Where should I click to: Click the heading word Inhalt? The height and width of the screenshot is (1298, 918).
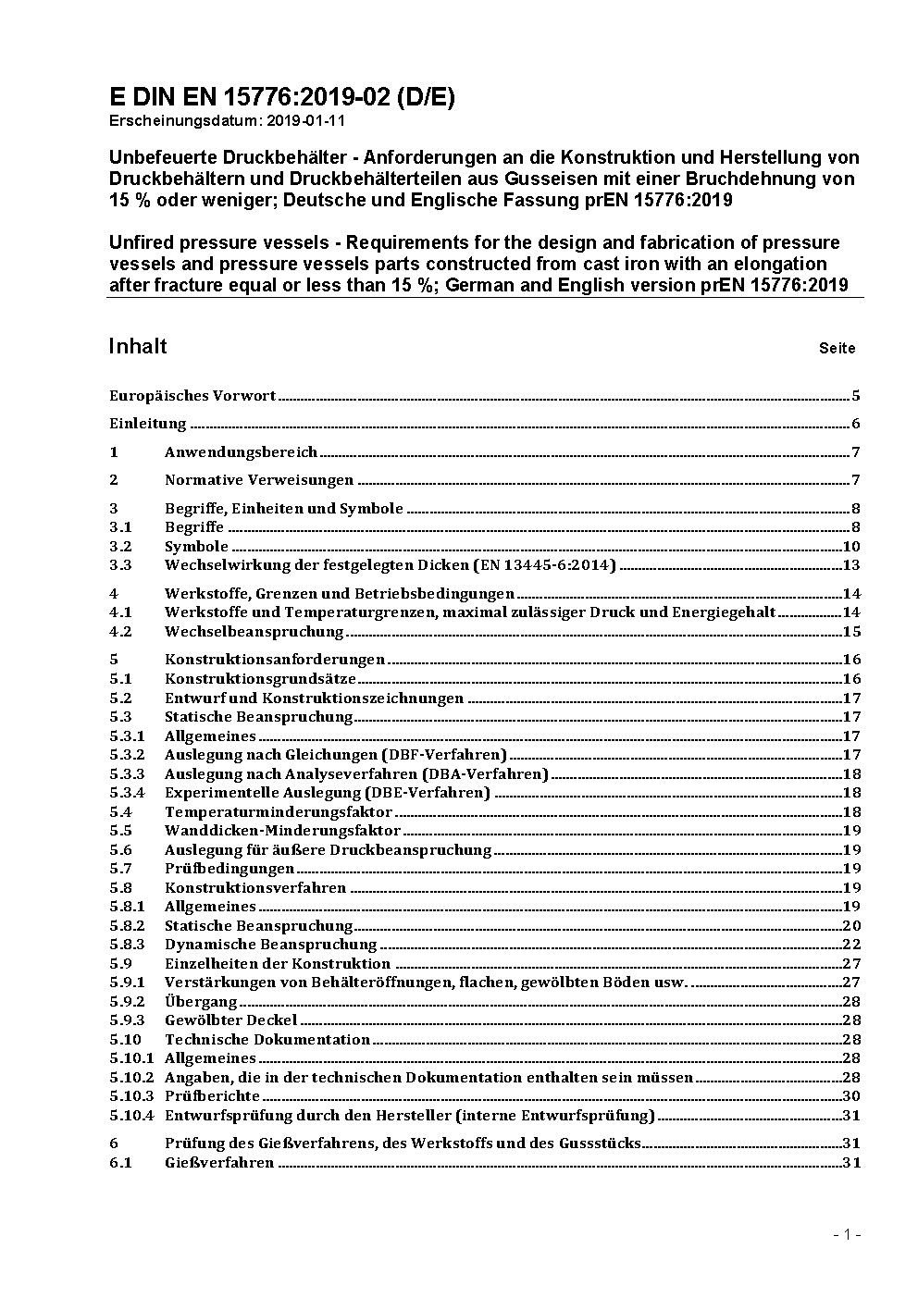[x=138, y=346]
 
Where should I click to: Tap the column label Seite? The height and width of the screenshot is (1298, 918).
[x=837, y=349]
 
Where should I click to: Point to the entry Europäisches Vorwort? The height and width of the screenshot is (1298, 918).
[x=192, y=396]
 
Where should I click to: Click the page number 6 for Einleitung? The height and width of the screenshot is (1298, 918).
[x=856, y=425]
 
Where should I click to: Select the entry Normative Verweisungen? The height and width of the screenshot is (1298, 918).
[x=259, y=480]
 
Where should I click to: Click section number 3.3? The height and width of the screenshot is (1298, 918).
[x=120, y=565]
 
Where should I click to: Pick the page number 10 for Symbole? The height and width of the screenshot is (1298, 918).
[x=851, y=547]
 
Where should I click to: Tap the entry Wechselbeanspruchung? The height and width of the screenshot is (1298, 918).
[x=254, y=632]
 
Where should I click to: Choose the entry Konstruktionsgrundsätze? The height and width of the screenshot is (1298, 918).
[x=260, y=679]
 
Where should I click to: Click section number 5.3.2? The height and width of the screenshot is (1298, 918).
[x=127, y=755]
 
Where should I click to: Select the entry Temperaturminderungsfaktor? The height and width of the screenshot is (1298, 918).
[x=279, y=812]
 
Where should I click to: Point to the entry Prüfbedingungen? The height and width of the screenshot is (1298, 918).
[x=229, y=869]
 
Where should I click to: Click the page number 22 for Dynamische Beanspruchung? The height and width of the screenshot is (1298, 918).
[x=851, y=945]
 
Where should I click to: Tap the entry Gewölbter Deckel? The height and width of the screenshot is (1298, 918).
[x=231, y=1020]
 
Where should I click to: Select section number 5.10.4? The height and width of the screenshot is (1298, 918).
[x=131, y=1115]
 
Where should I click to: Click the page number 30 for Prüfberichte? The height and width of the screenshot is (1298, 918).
[x=851, y=1096]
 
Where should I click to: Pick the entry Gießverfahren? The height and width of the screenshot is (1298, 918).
[x=219, y=1163]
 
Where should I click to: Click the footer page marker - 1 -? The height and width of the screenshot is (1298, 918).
[x=847, y=1235]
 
